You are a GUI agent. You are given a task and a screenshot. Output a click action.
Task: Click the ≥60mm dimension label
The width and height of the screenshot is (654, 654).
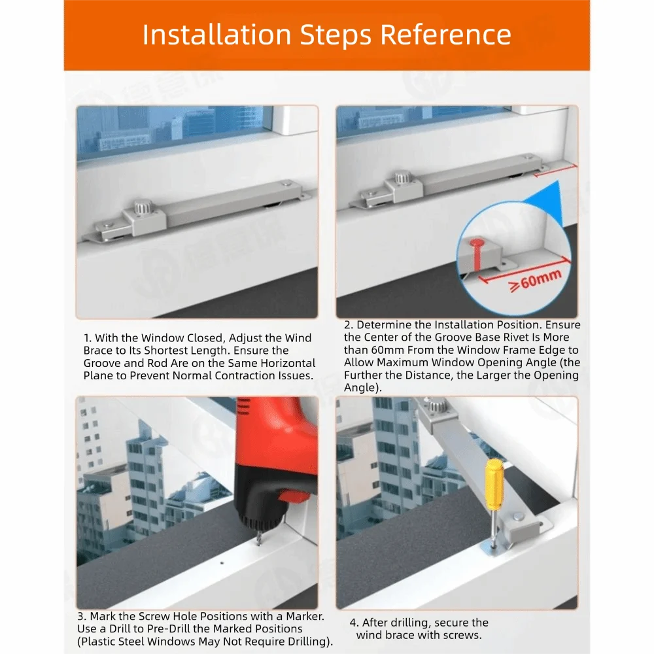(535, 280)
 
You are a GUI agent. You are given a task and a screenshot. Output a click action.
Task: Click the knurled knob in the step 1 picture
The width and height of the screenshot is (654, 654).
(141, 207)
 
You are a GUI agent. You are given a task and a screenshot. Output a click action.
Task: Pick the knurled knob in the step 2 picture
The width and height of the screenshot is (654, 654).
(402, 178)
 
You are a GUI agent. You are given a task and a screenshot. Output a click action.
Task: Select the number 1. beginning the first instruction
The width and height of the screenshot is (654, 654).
(87, 338)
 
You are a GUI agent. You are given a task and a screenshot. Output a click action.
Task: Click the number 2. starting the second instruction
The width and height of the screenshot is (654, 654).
(349, 325)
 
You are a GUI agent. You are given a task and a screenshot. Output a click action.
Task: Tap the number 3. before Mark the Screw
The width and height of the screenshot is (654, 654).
(82, 617)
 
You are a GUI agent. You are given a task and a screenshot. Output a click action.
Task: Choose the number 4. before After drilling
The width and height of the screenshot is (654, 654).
(354, 623)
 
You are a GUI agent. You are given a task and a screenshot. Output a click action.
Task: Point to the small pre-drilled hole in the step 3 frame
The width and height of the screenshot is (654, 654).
(222, 563)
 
